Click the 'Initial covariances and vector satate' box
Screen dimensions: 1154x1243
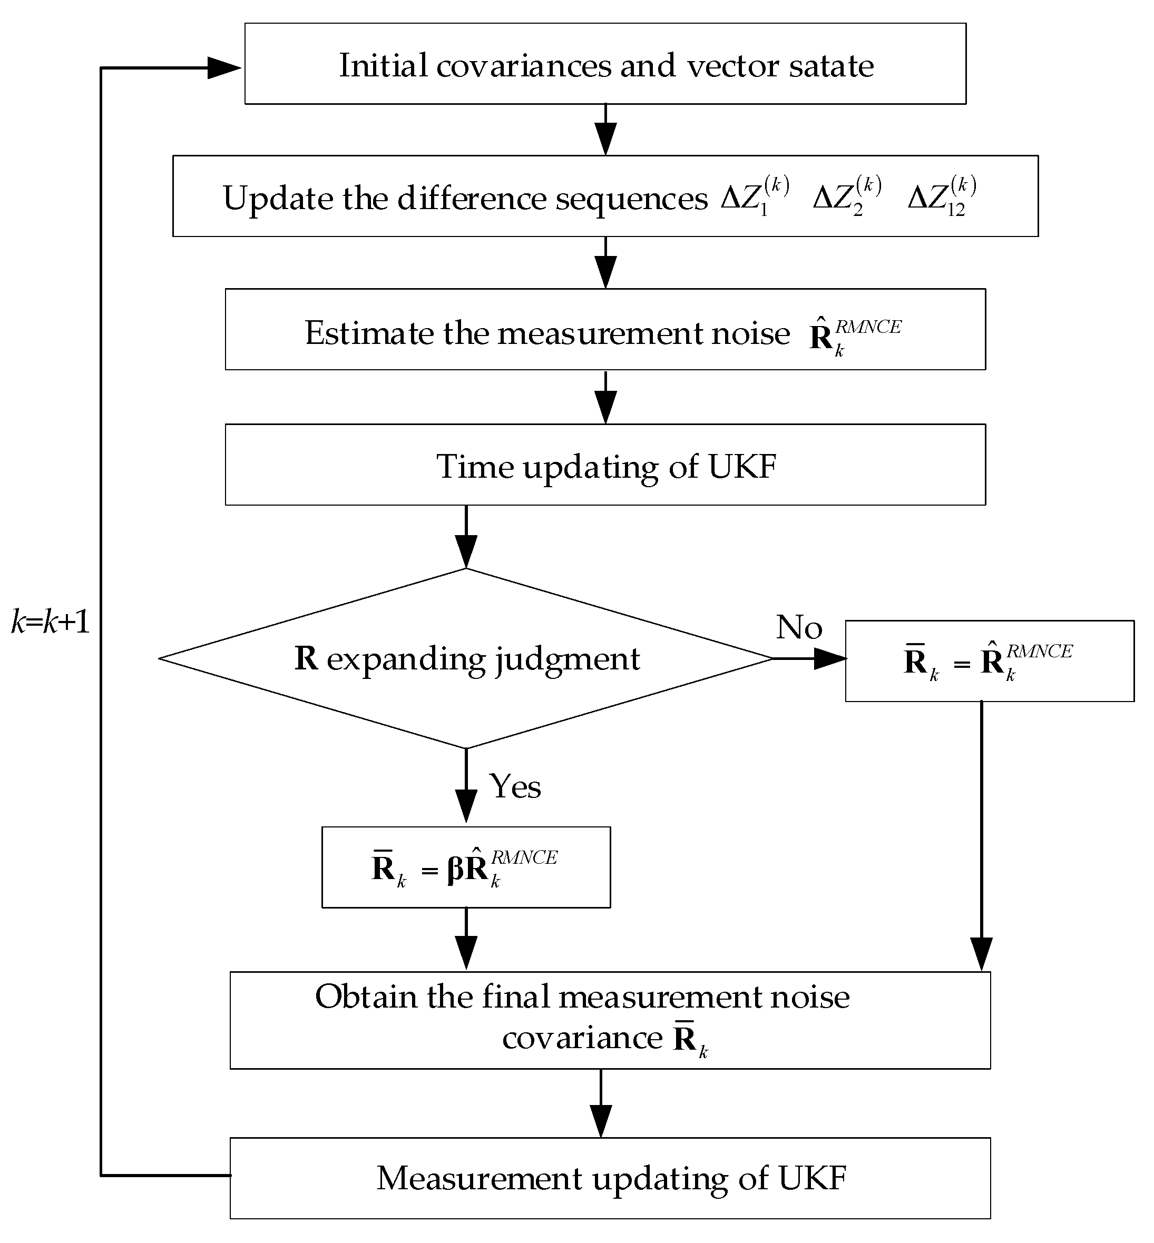pos(605,64)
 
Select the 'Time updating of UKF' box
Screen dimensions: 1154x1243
pos(605,465)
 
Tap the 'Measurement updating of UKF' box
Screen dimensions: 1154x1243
pos(610,1178)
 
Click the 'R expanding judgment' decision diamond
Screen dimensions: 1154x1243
pos(466,658)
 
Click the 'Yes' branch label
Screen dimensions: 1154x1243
pos(515,785)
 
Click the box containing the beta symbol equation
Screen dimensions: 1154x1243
pos(466,867)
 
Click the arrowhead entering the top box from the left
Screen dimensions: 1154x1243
pos(224,68)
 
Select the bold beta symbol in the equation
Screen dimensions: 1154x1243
pos(456,869)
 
